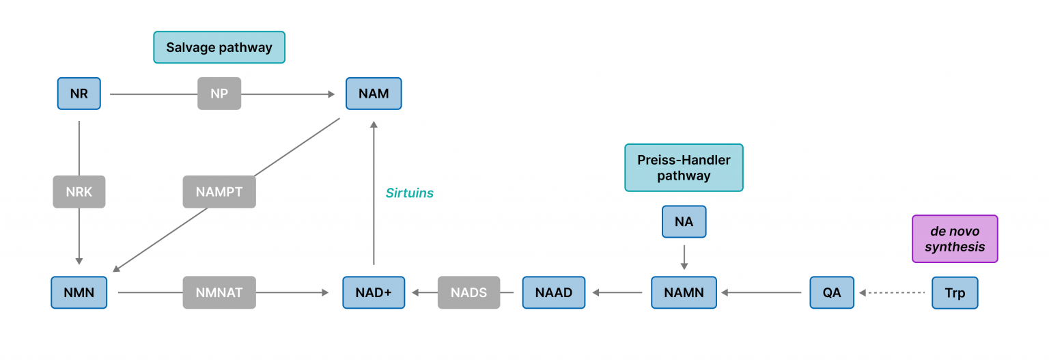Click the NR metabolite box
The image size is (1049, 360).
[79, 94]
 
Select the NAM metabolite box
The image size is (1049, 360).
[374, 94]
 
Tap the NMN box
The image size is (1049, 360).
[79, 292]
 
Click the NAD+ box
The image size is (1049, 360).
[374, 292]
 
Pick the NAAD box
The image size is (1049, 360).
[554, 292]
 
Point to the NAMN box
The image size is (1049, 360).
[684, 292]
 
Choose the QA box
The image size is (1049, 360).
[832, 292]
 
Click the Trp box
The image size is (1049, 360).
[955, 292]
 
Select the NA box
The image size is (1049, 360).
[684, 221]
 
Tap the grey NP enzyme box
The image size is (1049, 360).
[219, 94]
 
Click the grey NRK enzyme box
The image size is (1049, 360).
[79, 192]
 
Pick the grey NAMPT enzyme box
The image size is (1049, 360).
[219, 192]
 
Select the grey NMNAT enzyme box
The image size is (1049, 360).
[219, 292]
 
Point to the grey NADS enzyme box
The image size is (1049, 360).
[468, 292]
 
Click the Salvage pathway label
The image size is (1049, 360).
[219, 47]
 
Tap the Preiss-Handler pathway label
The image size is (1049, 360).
[684, 167]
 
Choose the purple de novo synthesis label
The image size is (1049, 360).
[955, 238]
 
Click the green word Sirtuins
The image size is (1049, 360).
[410, 193]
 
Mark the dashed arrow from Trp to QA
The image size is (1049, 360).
[893, 292]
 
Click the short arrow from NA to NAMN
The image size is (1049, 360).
[684, 257]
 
